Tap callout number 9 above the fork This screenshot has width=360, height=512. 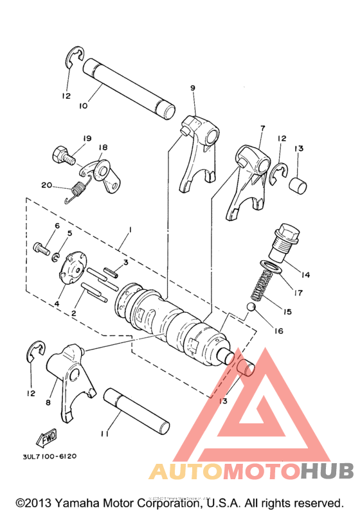click(x=192, y=87)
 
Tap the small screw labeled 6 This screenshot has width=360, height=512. click(x=41, y=247)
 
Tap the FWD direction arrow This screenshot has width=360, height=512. click(x=47, y=439)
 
